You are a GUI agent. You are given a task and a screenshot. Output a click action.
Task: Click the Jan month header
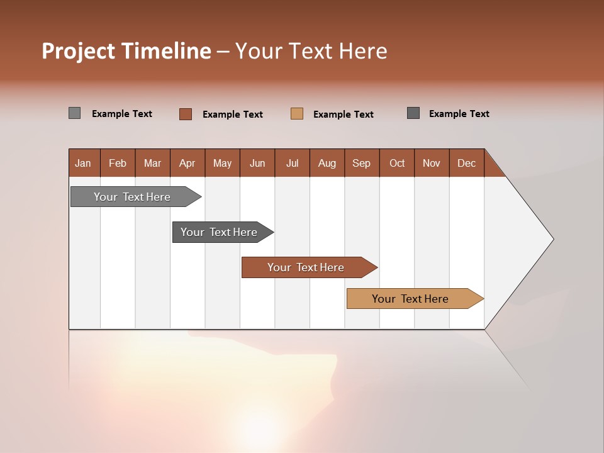(x=83, y=163)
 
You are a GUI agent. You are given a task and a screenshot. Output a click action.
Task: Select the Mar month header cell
(x=152, y=163)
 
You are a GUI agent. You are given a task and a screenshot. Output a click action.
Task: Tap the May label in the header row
(x=222, y=163)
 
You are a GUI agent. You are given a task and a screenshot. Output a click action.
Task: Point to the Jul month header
(x=292, y=163)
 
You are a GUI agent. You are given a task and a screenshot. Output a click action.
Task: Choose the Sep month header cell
(x=361, y=163)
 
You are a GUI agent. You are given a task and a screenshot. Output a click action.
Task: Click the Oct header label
(x=397, y=163)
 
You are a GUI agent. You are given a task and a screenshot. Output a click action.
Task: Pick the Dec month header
(x=466, y=163)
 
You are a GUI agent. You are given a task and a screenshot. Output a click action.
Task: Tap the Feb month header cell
(x=118, y=163)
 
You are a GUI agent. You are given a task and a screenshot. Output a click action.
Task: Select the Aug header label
(x=327, y=163)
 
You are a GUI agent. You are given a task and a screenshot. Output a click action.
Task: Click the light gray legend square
(x=74, y=113)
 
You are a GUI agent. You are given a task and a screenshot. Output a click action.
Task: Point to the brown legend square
(x=186, y=114)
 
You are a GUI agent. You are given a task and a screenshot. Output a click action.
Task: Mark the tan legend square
(x=297, y=114)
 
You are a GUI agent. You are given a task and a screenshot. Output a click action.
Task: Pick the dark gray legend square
(x=413, y=113)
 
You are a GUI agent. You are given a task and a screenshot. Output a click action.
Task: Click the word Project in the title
(x=78, y=51)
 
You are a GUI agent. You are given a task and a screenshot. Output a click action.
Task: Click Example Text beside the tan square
(x=344, y=115)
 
